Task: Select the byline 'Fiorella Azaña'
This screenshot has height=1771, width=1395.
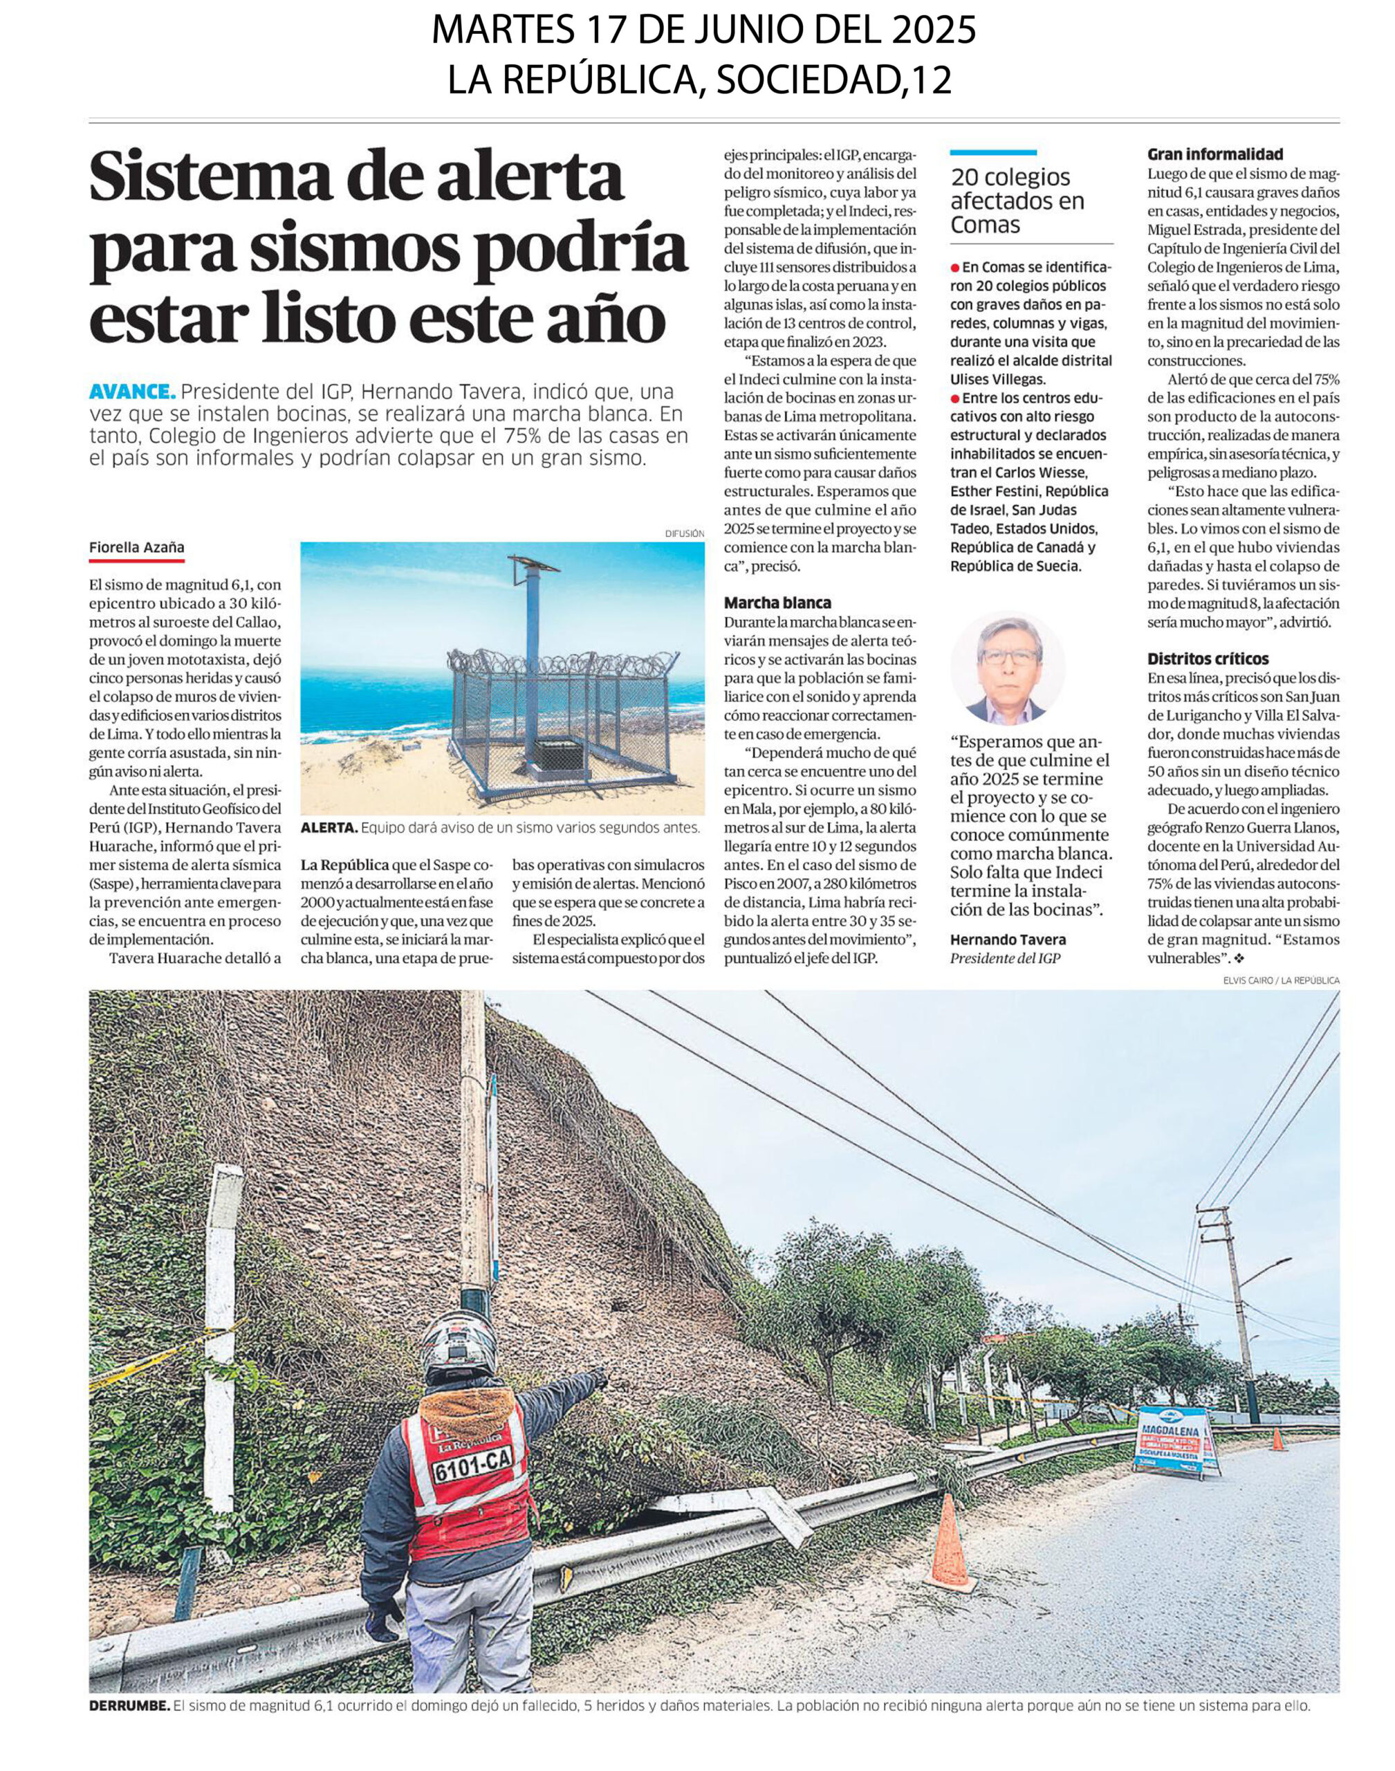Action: (136, 547)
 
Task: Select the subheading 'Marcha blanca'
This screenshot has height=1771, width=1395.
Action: (777, 603)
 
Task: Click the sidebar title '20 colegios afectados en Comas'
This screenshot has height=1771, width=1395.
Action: (1017, 201)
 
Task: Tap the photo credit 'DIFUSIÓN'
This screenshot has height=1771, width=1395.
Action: (685, 533)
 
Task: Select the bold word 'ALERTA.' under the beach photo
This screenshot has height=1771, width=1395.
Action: (329, 828)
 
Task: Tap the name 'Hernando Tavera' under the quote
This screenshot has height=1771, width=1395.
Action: (1008, 939)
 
